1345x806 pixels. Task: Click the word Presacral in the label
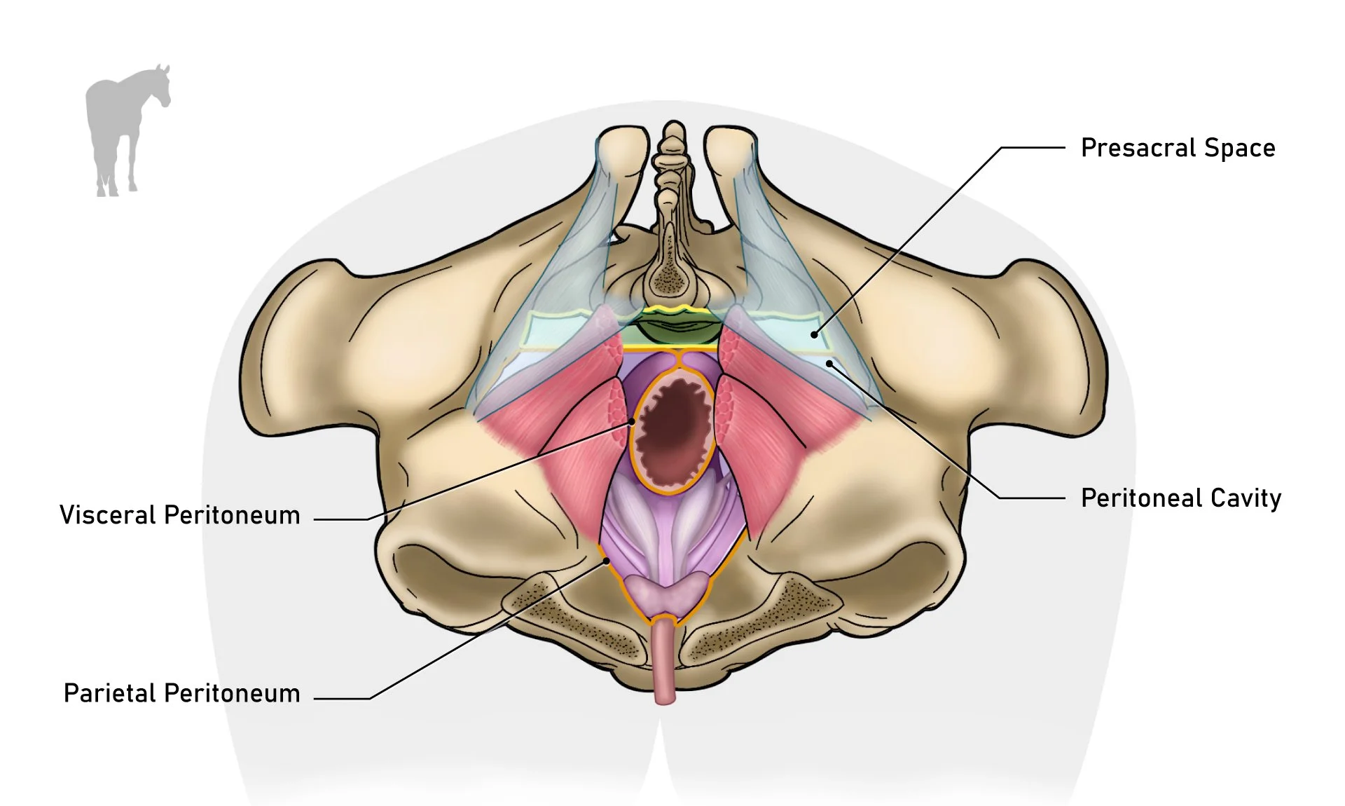coord(1138,149)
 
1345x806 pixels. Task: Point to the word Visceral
coord(107,515)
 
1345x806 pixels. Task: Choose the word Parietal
coord(109,693)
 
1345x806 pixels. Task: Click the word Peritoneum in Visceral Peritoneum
coord(232,515)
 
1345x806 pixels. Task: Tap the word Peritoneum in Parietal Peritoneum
coord(232,693)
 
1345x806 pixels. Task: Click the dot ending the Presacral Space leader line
coord(814,335)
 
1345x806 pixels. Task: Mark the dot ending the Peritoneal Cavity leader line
coord(829,363)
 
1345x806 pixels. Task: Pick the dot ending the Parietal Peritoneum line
coord(605,561)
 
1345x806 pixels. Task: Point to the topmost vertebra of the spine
coord(674,133)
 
